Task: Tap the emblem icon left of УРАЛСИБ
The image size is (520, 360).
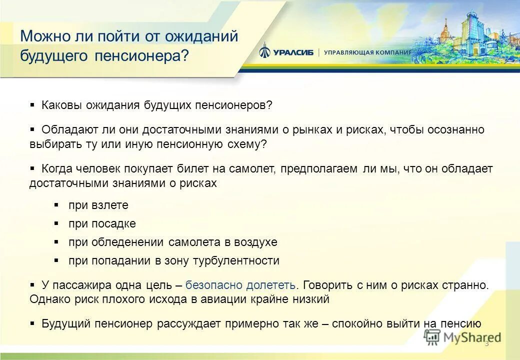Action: pos(265,52)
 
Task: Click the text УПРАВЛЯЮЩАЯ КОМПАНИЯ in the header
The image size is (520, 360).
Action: pos(367,52)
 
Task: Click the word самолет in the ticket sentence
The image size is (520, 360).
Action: pos(255,169)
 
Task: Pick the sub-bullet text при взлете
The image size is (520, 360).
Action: pos(98,205)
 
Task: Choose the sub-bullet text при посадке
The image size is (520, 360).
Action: pos(102,223)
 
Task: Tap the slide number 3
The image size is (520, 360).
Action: pos(486,342)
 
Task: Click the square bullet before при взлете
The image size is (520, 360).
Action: pos(57,205)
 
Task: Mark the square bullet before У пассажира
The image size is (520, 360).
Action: pos(32,285)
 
